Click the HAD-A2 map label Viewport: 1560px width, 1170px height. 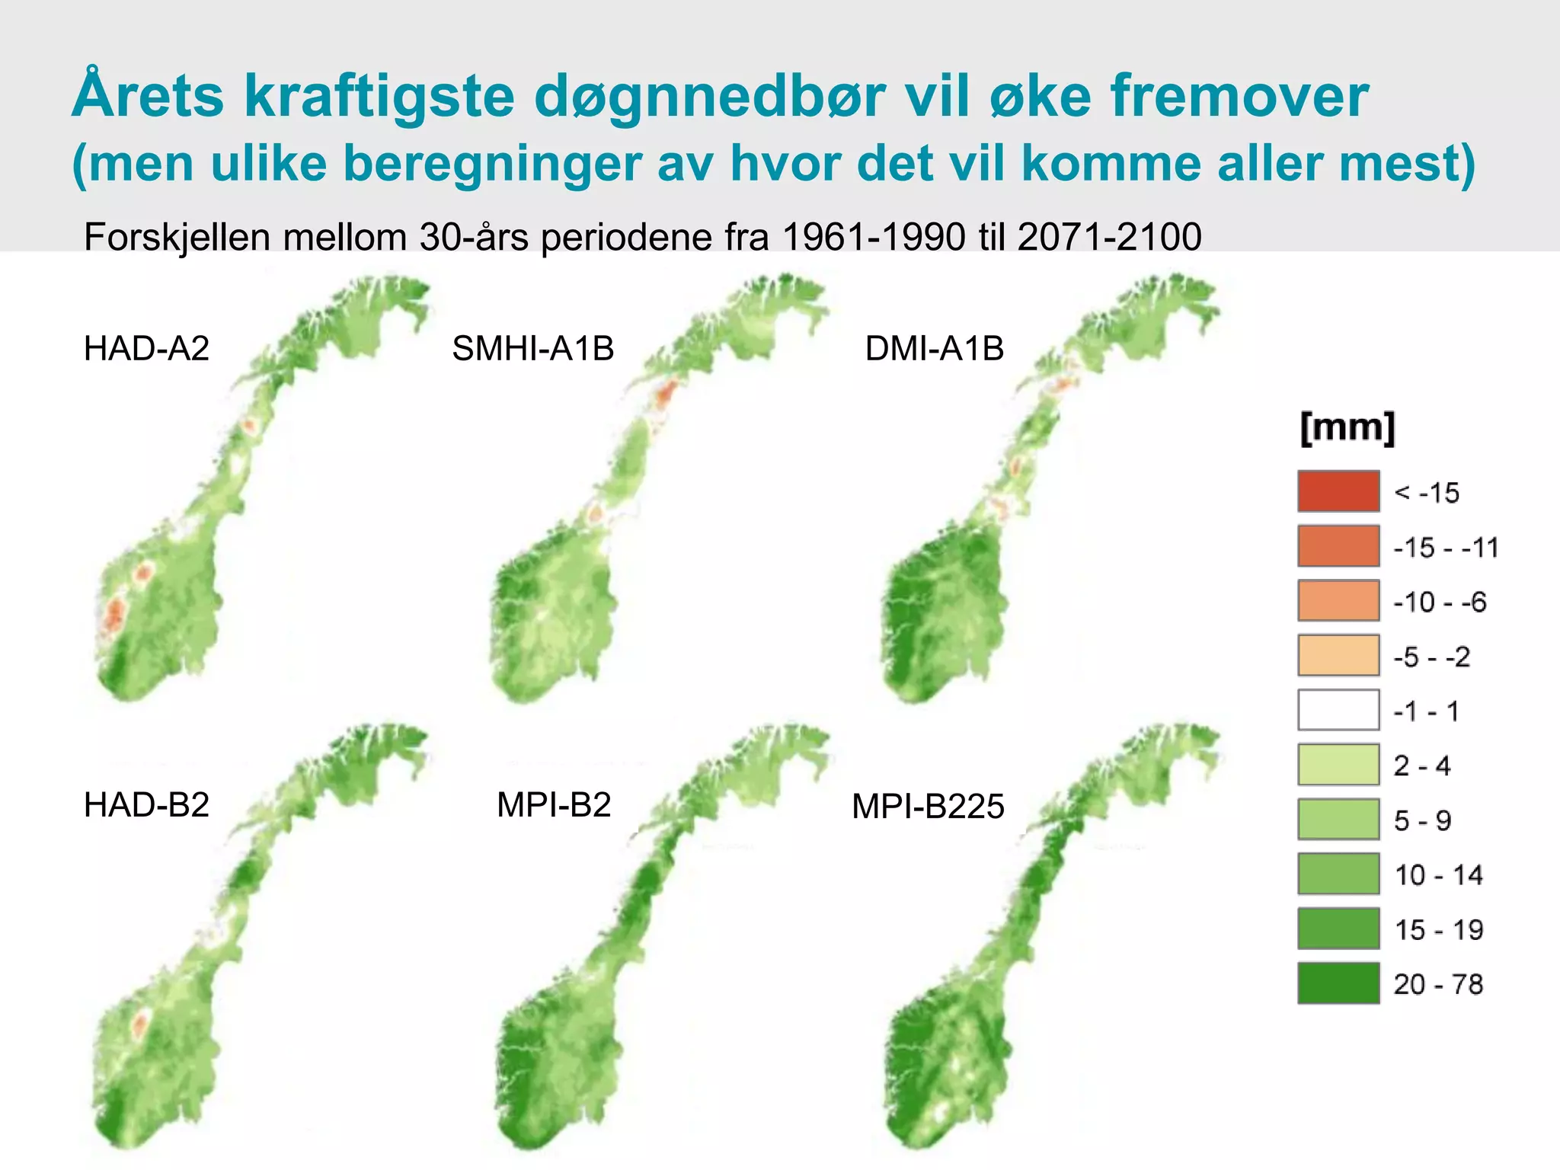pos(146,349)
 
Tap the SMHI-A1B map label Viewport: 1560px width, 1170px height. pos(532,349)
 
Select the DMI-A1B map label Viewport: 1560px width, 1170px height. pos(934,349)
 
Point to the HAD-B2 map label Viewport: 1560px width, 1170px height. pos(146,805)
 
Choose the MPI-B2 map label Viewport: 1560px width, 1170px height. pos(554,805)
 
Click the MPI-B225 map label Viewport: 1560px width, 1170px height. pos(928,807)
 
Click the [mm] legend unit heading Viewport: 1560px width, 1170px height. pos(1347,427)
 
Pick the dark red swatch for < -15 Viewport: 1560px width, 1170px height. pos(1338,491)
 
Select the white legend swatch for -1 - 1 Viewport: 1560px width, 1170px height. pos(1338,710)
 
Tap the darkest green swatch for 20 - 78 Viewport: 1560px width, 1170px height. pos(1338,983)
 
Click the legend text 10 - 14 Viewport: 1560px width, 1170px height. pos(1438,875)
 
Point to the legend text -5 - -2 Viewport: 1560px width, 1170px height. pos(1431,657)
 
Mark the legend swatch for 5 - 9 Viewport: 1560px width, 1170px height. pos(1338,820)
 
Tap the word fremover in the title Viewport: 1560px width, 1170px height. pos(1239,97)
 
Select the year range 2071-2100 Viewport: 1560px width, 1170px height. pos(1109,237)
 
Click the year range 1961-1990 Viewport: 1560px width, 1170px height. pos(874,237)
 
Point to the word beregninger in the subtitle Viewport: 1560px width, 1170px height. pos(493,163)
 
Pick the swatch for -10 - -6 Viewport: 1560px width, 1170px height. pos(1338,601)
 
